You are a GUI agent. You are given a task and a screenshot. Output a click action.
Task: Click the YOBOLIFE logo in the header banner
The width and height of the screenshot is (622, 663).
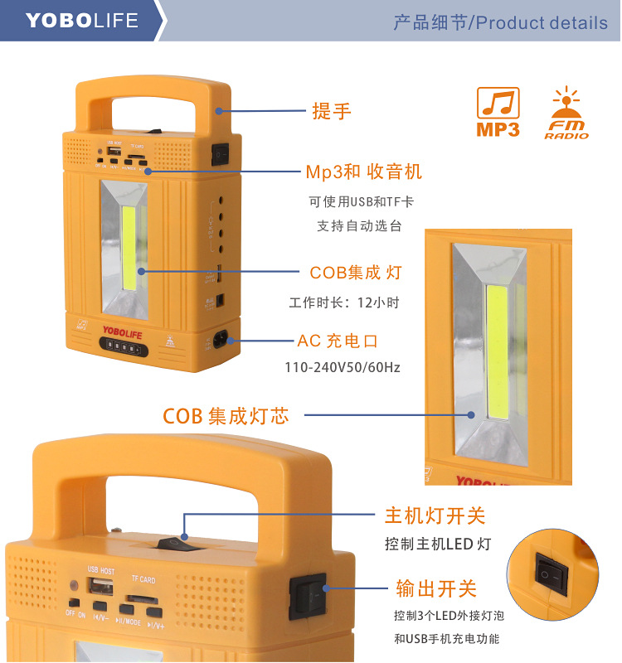[82, 20]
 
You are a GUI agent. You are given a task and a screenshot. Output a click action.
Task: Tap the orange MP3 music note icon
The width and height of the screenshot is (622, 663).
[498, 112]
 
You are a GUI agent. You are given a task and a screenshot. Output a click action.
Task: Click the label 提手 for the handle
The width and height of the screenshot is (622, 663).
[332, 111]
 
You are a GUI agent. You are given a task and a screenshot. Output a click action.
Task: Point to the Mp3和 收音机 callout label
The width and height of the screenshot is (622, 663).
[364, 172]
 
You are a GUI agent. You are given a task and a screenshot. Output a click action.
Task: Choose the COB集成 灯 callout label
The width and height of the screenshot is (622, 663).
[355, 272]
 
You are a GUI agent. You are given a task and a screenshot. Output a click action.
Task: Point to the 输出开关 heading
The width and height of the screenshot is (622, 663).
[436, 589]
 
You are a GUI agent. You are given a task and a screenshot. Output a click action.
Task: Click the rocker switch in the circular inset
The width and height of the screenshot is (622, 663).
[552, 572]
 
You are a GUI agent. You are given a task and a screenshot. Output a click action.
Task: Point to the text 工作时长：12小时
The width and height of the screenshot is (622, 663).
[343, 303]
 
